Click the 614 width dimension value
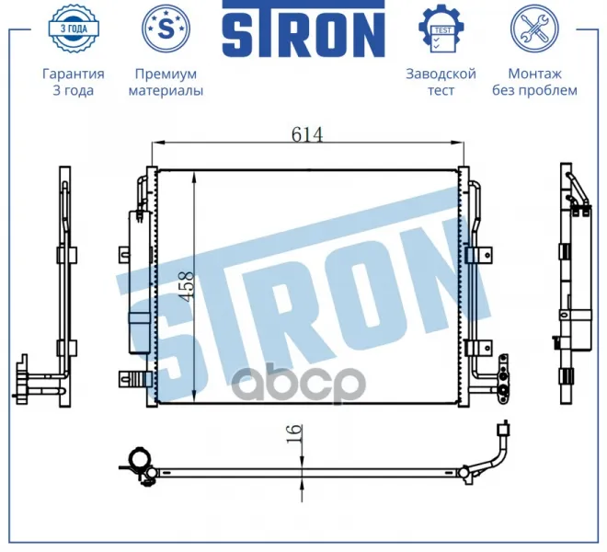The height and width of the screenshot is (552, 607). tap(307, 134)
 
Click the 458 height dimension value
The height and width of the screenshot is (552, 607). tap(187, 286)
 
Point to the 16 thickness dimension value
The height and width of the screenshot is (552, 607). tap(294, 434)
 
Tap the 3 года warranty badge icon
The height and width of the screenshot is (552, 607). tap(74, 28)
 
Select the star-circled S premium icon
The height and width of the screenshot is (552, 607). tap(166, 29)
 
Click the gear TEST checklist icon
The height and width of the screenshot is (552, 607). tap(441, 29)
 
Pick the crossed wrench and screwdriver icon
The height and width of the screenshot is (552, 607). tap(534, 29)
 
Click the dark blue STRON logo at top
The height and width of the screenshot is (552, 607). tap(303, 29)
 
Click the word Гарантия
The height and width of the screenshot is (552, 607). tap(74, 74)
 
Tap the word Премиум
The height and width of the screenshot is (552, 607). tap(166, 74)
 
